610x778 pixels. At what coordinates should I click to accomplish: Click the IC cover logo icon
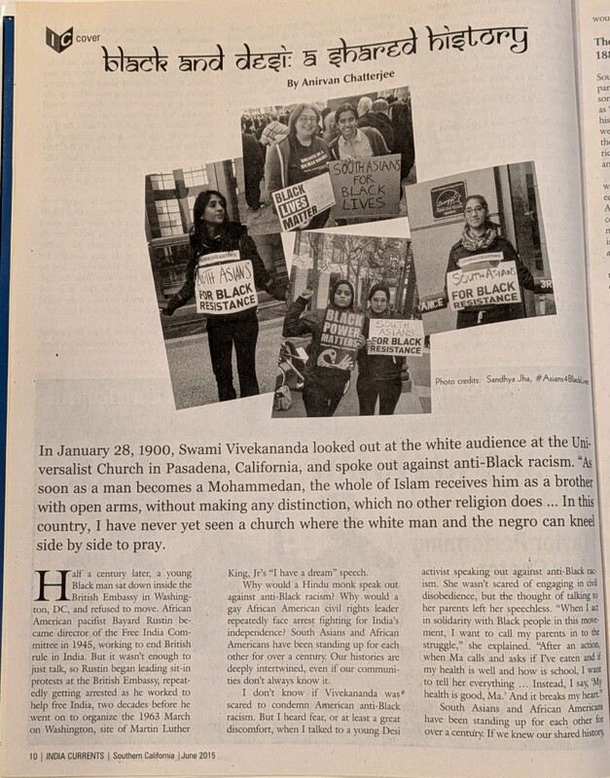click(x=57, y=40)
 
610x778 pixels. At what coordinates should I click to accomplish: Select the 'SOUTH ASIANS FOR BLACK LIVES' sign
click(x=365, y=184)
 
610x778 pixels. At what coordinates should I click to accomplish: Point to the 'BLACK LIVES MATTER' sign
click(x=303, y=201)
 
